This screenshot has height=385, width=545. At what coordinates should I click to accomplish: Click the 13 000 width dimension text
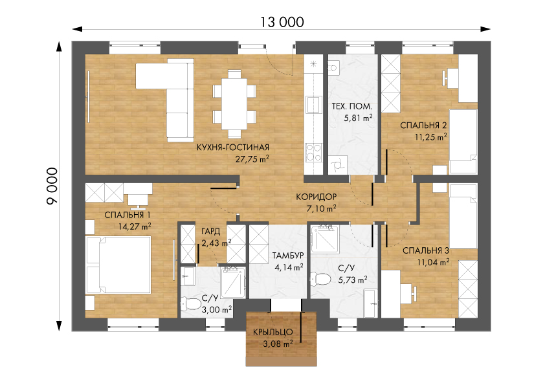pyautogui.click(x=282, y=22)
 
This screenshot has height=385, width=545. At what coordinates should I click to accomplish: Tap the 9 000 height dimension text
pyautogui.click(x=52, y=186)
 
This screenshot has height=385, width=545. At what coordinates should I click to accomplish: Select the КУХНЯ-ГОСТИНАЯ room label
pyautogui.click(x=233, y=148)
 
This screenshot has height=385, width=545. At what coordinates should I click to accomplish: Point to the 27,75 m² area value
pyautogui.click(x=252, y=159)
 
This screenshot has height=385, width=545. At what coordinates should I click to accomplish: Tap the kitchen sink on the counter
pyautogui.click(x=313, y=104)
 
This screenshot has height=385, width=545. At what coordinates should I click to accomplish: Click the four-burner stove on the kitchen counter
pyautogui.click(x=313, y=153)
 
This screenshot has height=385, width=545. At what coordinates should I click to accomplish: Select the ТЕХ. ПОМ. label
pyautogui.click(x=351, y=106)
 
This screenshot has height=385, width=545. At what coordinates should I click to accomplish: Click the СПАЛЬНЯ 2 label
pyautogui.click(x=423, y=126)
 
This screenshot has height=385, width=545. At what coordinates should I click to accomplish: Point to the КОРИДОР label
pyautogui.click(x=317, y=197)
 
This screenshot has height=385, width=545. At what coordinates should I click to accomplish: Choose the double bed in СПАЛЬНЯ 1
pyautogui.click(x=118, y=265)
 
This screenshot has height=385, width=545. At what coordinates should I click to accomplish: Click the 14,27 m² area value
pyautogui.click(x=135, y=226)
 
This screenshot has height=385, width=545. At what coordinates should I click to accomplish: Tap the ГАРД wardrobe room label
pyautogui.click(x=210, y=231)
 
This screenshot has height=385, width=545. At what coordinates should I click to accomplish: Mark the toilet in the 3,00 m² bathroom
pyautogui.click(x=190, y=304)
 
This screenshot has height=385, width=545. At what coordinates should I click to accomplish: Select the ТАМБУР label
pyautogui.click(x=288, y=256)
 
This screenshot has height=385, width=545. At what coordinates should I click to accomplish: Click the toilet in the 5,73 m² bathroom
pyautogui.click(x=321, y=279)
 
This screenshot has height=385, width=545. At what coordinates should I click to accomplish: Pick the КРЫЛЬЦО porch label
pyautogui.click(x=273, y=332)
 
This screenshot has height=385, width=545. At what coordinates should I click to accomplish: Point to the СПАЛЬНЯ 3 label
pyautogui.click(x=426, y=250)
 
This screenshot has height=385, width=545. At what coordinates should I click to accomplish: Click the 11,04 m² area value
pyautogui.click(x=433, y=261)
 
